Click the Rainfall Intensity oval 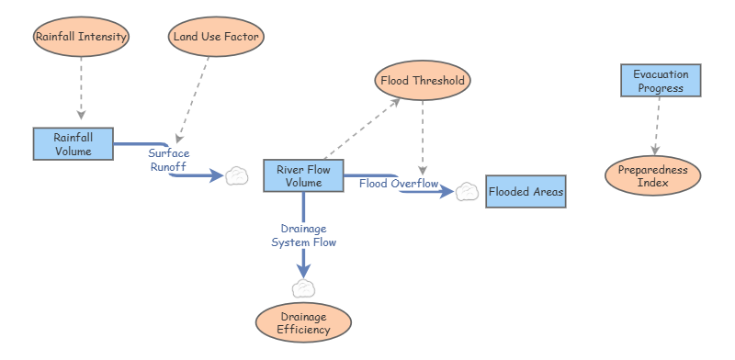81,38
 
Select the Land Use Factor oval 217,38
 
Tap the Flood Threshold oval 423,80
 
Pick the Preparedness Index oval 652,174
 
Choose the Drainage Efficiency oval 302,321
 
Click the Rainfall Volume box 73,144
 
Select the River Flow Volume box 303,175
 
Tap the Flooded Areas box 526,192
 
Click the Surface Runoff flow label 169,161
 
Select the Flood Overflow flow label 399,184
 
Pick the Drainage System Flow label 303,235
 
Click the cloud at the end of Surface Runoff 237,175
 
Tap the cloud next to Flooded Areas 468,191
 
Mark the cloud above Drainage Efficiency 303,288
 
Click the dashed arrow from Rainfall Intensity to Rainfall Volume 81,88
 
